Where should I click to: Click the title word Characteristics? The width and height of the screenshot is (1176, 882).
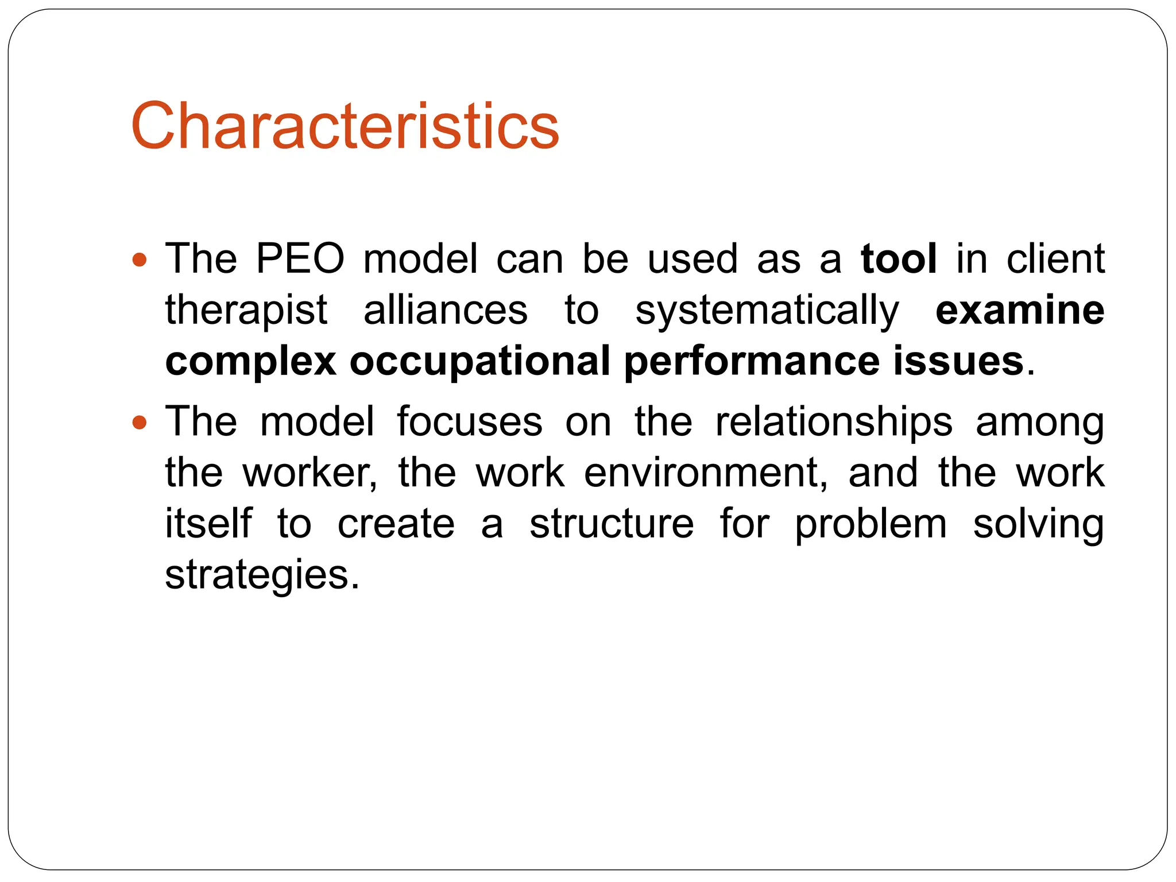click(345, 126)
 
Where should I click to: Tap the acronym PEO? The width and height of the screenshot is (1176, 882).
click(300, 259)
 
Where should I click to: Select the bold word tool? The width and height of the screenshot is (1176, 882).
click(899, 259)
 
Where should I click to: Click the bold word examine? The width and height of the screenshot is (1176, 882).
click(1020, 310)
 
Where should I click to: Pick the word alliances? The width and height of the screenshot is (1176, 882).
click(446, 310)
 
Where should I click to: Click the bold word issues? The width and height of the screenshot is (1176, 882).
click(958, 361)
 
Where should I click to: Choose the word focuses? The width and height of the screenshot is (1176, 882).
click(470, 421)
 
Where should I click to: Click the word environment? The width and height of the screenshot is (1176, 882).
click(706, 473)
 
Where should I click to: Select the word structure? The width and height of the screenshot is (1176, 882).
click(612, 524)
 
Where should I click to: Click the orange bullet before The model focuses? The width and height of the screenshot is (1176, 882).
click(139, 424)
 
